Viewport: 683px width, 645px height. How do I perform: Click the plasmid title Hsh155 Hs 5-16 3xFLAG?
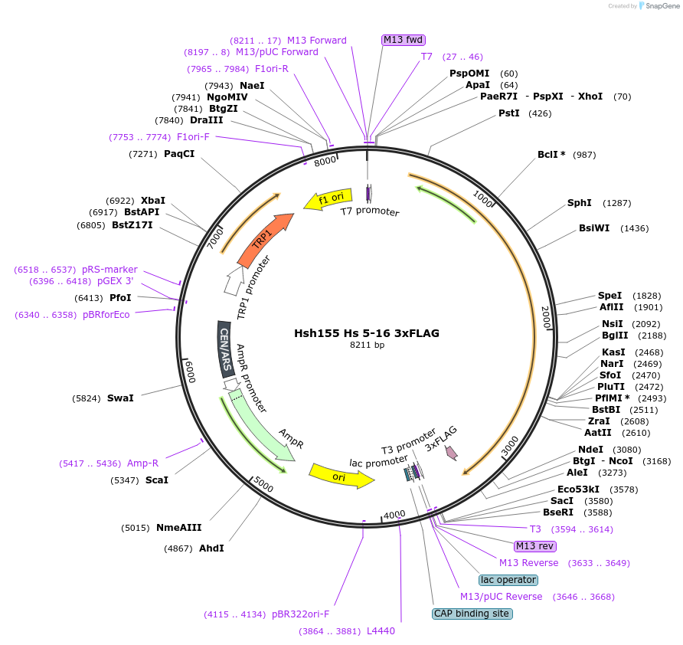point(367,333)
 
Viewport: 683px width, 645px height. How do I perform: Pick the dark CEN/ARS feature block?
point(225,348)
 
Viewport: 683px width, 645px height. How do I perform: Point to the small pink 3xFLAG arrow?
point(452,453)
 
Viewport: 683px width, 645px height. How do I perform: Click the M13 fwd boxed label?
point(404,40)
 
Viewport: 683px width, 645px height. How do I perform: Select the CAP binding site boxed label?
point(472,614)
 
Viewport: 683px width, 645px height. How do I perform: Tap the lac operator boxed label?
point(508,580)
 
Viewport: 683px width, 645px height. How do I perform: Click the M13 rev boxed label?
point(534,546)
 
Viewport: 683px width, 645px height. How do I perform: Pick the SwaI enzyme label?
point(120,398)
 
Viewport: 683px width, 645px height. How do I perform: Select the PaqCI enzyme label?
point(179,154)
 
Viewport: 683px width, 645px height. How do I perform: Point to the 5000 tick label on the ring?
point(263,485)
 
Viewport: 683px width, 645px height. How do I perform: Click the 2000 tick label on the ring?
point(546,317)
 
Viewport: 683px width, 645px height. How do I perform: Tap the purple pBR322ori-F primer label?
point(300,614)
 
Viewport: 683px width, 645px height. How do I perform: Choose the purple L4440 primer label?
point(381,631)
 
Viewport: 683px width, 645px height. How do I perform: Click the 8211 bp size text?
point(367,345)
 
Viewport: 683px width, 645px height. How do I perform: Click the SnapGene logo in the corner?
point(658,6)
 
